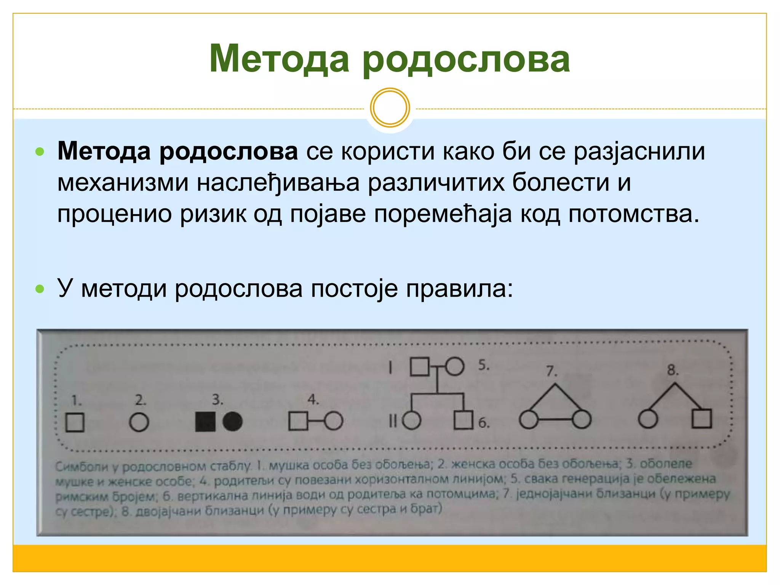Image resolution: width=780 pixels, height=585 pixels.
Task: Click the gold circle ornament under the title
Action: (390, 107)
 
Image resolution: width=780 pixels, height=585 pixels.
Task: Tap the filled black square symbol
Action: (205, 422)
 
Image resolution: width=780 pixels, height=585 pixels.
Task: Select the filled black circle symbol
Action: (232, 422)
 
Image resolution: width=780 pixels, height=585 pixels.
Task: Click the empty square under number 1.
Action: (75, 422)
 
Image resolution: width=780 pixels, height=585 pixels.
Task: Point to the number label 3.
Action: (217, 400)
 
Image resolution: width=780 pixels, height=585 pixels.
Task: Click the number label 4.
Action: (313, 400)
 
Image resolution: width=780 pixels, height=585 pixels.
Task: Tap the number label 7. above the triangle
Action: (551, 371)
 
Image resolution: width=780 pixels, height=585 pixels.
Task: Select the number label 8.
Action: (673, 370)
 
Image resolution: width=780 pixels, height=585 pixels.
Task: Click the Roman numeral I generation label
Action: (390, 368)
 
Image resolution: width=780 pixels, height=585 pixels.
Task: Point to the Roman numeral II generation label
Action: (393, 421)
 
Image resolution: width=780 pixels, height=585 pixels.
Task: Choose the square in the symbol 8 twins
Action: (702, 419)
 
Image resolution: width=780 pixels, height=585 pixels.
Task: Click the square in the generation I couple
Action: (420, 366)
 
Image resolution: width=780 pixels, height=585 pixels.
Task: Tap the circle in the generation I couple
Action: (455, 366)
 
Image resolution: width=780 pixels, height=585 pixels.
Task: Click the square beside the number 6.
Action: (464, 420)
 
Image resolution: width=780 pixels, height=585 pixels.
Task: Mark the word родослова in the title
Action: (466, 59)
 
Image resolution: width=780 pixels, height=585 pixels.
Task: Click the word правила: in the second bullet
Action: (459, 289)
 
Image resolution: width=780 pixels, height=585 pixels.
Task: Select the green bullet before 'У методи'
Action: (40, 289)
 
